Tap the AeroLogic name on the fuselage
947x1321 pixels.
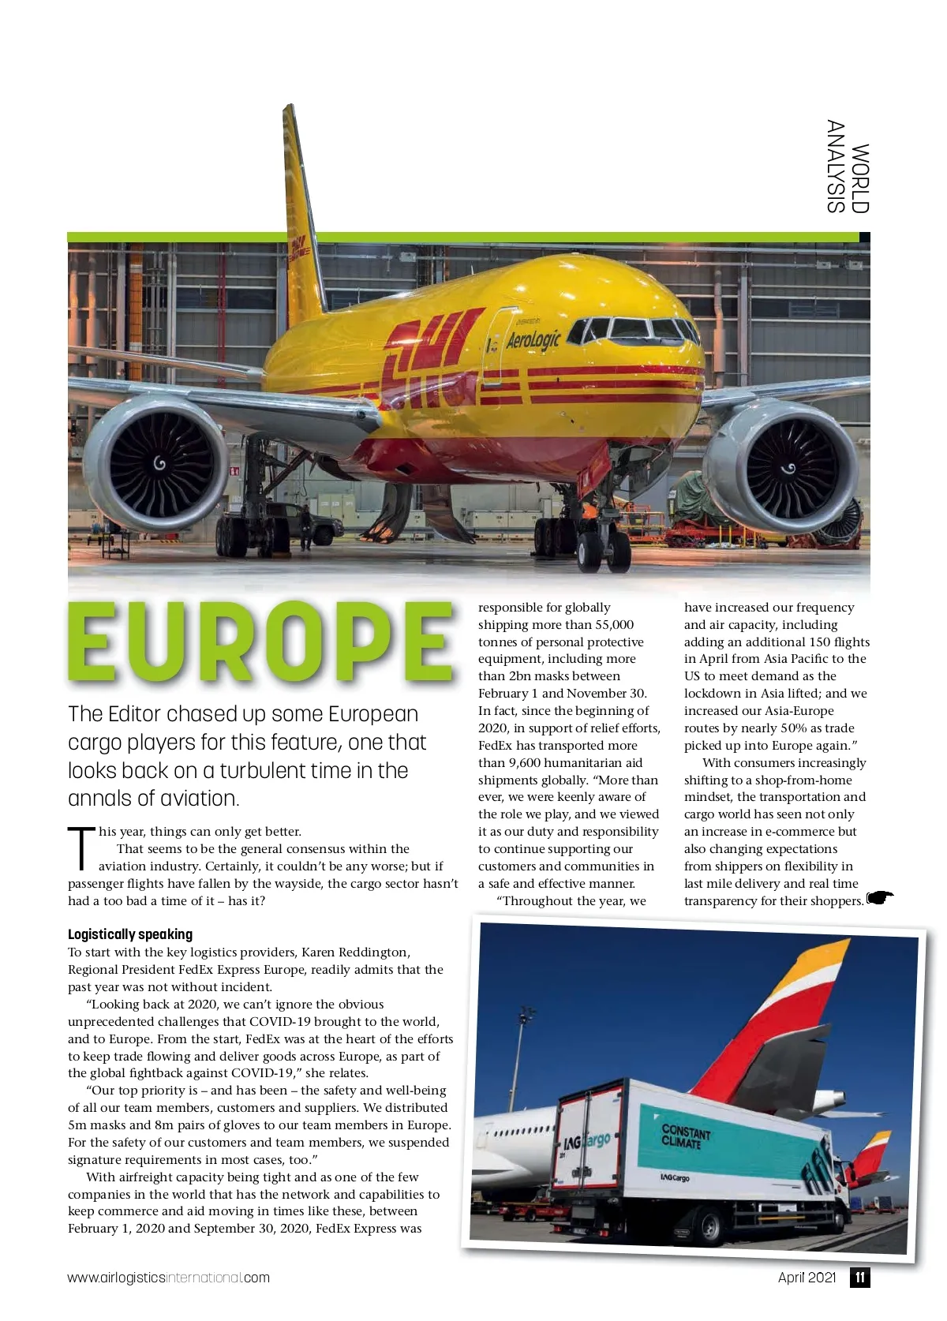click(533, 340)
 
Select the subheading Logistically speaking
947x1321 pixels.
click(130, 934)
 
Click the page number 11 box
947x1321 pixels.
click(859, 1278)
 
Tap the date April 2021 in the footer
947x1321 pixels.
click(807, 1278)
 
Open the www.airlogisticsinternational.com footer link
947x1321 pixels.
click(168, 1278)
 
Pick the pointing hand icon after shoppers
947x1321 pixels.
click(880, 898)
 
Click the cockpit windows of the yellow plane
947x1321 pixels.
click(631, 328)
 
